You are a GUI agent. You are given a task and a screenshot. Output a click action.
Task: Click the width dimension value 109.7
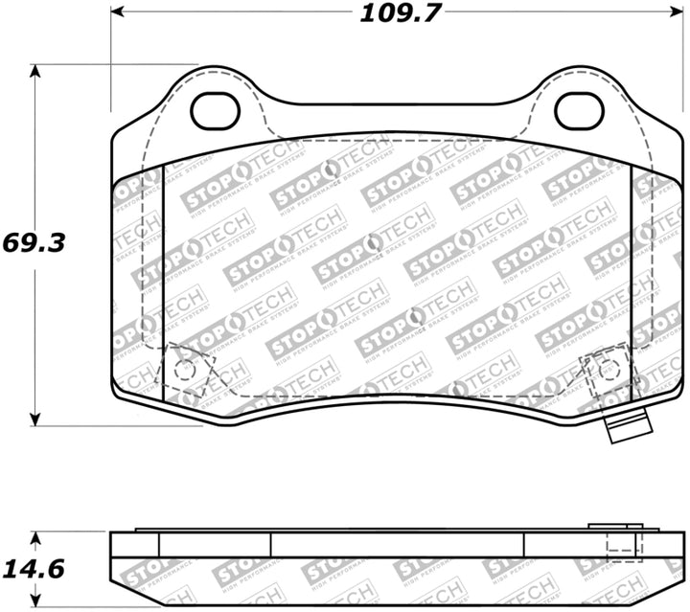tap(394, 13)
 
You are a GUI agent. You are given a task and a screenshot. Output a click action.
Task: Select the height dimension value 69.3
tap(34, 242)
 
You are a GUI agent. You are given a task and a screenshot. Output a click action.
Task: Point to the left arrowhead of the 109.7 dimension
tap(118, 12)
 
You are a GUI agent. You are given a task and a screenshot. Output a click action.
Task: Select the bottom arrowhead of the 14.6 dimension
tap(36, 605)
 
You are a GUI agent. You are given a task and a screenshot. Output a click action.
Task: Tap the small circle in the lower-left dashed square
tap(188, 369)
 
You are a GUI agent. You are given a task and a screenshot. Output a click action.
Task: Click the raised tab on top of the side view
tap(613, 526)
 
